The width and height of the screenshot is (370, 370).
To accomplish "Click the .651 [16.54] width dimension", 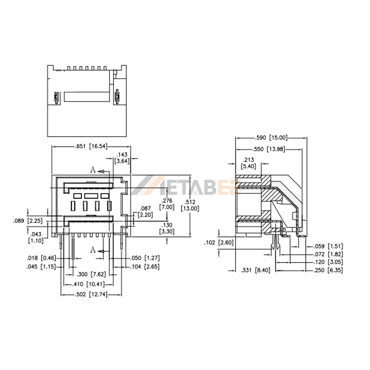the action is pyautogui.click(x=91, y=146).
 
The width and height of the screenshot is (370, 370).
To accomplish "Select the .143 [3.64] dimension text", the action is pyautogui.click(x=122, y=158).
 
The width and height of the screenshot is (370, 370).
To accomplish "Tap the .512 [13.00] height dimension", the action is pyautogui.click(x=190, y=205).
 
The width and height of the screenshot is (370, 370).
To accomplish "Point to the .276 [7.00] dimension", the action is pyautogui.click(x=167, y=204).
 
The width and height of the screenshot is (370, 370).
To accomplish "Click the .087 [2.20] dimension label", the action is pyautogui.click(x=145, y=212).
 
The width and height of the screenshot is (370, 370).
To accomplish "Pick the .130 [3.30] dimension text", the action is pyautogui.click(x=167, y=228).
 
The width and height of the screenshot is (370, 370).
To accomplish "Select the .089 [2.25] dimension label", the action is pyautogui.click(x=28, y=221).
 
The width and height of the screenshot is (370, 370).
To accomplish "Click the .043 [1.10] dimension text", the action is pyautogui.click(x=36, y=238).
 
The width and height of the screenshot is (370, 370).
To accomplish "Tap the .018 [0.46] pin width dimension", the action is pyautogui.click(x=41, y=258).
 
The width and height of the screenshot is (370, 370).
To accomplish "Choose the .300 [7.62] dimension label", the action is pyautogui.click(x=91, y=274).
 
